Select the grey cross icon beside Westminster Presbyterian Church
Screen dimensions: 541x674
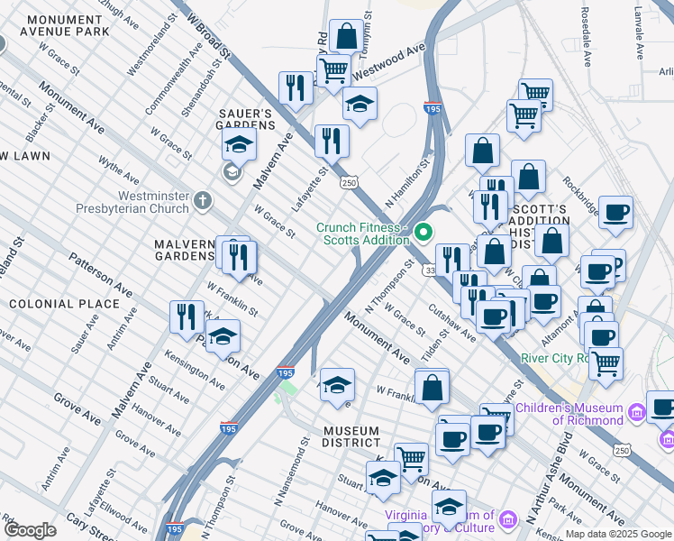point(204,199)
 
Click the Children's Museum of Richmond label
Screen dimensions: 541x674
point(575,414)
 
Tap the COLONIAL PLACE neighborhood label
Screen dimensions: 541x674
point(64,304)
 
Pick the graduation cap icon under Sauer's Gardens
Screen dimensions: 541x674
point(239,145)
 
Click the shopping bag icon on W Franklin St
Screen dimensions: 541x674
point(433,386)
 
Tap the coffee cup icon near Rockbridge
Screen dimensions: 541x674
point(616,213)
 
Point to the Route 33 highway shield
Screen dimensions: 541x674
point(431,270)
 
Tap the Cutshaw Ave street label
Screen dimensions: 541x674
point(452,322)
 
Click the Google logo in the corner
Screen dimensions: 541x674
point(30,530)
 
